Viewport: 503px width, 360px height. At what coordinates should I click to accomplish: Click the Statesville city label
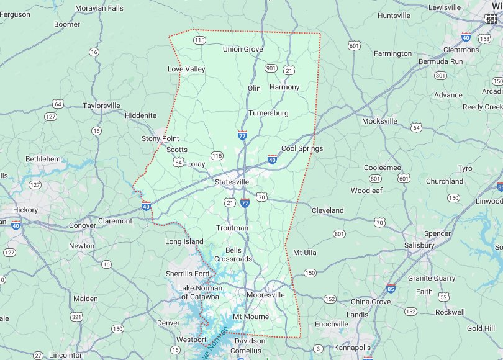point(232,182)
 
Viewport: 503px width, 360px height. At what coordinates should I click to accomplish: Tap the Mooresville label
point(265,295)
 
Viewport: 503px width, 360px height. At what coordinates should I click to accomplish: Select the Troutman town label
point(232,228)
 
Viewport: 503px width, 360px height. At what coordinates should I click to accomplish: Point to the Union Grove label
point(243,49)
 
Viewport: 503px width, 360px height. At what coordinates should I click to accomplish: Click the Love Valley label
point(186,69)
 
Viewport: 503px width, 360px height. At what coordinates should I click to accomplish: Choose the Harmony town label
point(284,87)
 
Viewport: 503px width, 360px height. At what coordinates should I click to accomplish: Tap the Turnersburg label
point(268,113)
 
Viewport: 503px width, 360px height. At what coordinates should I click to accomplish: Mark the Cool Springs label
point(302,148)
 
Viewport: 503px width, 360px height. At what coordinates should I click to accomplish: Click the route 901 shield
point(270,68)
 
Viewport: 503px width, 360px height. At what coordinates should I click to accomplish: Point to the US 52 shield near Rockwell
point(443,297)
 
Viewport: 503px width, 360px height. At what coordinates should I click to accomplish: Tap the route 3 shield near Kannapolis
point(318,348)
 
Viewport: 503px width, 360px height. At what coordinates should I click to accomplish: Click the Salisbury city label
point(419,245)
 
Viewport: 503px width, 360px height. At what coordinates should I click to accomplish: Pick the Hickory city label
point(25,210)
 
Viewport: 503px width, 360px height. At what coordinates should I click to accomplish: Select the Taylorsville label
point(101,106)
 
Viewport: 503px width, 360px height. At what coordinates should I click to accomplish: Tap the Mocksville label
point(379,121)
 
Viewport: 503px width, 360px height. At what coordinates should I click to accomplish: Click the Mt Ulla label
point(305,253)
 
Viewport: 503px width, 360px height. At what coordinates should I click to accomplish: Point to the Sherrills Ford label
point(188,274)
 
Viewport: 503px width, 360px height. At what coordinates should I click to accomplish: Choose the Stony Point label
point(160,138)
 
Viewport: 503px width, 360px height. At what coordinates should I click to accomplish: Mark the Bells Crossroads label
point(233,254)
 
